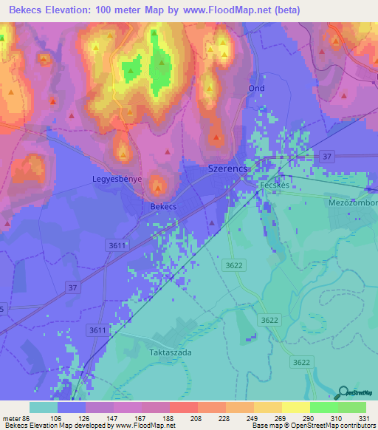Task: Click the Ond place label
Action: coord(256,88)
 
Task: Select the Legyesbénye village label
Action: coord(117,179)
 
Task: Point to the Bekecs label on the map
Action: coord(163,207)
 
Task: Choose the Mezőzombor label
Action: coord(353,202)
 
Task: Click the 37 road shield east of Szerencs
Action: coord(328,156)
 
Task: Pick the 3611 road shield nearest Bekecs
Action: coord(117,244)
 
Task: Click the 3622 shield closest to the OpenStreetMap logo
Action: coord(300,361)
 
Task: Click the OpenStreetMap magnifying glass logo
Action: coord(343,392)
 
